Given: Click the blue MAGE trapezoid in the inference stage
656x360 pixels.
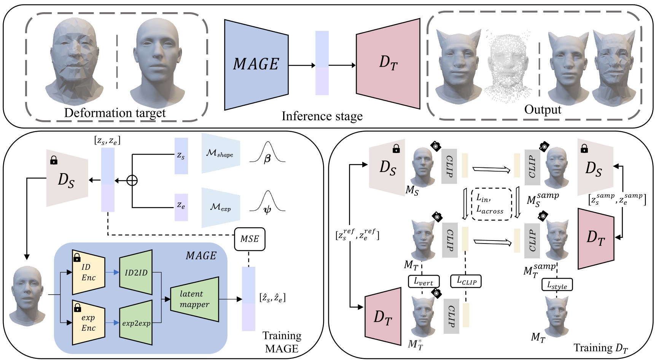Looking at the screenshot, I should pos(256,65).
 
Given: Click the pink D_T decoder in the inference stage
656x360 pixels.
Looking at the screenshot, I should pos(388,64).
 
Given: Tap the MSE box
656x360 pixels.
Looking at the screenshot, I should pos(249,239).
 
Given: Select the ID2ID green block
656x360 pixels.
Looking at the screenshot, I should pos(136,272).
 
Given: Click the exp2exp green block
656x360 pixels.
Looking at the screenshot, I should pos(136,323).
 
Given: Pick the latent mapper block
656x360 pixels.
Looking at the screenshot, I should pos(194,299).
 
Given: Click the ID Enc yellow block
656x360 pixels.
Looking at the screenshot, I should pos(88,272).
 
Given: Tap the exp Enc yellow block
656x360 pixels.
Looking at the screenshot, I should pos(88,323).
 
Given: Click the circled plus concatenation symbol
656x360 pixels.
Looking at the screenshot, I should pos(132,180).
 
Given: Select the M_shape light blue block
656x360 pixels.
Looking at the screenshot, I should pos(221,153).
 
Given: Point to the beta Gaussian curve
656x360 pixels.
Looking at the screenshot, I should pos(267,153).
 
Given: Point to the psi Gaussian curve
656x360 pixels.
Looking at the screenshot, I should pos(267,203).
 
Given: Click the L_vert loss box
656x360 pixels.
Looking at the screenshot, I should pos(424,282).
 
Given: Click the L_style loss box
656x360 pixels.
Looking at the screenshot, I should pos(557,285).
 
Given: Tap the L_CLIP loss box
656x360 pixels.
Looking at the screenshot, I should pos(466,281).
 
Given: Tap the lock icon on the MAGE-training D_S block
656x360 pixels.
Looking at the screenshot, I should pos(54,160).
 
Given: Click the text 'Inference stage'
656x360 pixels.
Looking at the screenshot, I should pos(322,116).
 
